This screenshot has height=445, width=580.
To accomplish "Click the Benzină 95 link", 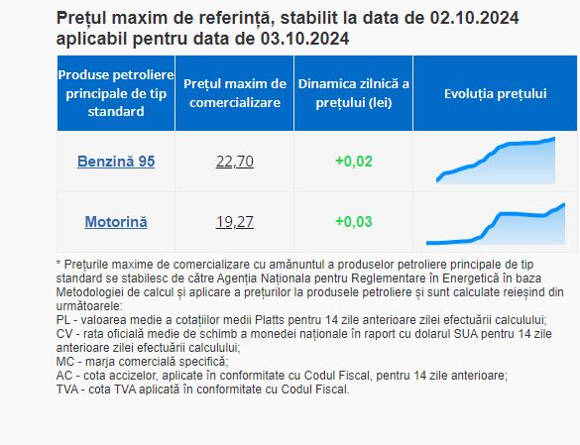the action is pos(116,162).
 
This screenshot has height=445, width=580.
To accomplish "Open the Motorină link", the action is pos(116,222).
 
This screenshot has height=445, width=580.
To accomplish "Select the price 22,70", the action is pos(235,162).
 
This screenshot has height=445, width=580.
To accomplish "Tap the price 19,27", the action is pos(235,222).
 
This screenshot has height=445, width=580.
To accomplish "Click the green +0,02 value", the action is pos(354,162).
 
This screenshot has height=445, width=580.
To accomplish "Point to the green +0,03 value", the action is pos(354,222).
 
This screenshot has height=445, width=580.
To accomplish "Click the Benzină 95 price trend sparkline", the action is pos(496,161).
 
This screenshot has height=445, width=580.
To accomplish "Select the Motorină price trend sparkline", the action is pos(496,224).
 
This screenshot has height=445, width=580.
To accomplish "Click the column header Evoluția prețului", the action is pos(496,93).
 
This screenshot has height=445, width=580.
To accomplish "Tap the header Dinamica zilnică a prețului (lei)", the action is pos(354,93).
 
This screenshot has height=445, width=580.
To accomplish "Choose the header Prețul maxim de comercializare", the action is pos(235,93).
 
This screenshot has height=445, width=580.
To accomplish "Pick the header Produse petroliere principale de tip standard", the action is pos(116,93).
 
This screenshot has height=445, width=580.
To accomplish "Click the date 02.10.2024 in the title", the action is pos(474,18).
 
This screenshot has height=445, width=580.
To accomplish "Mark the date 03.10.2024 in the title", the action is pos(304,39).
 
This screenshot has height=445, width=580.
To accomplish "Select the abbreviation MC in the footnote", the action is pos(65,362).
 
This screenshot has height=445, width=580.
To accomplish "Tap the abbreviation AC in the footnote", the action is pos(64,376).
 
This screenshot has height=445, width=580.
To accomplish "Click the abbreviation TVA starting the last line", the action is pos(67,389).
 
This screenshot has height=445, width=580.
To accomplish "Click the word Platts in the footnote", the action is pos(270,320).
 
